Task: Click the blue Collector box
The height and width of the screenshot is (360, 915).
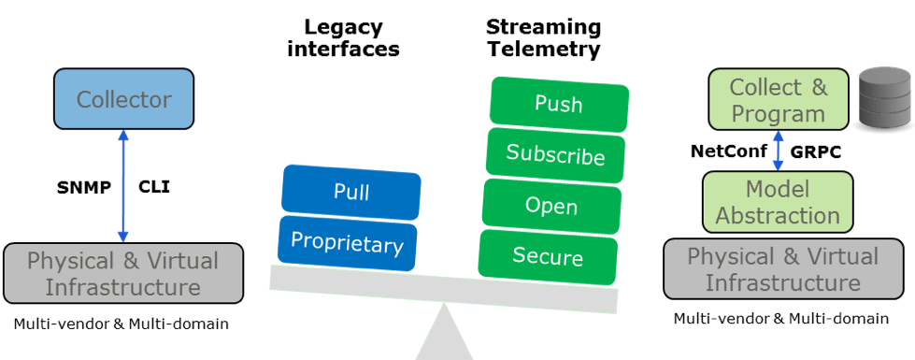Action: point(123,99)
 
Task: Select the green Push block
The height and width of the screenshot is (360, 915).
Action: point(559,103)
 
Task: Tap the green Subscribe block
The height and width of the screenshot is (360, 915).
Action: point(555,154)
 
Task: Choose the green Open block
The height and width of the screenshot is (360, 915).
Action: point(551,206)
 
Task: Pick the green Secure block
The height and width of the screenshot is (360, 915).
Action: point(548,256)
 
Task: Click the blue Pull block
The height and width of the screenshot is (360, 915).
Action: point(351,193)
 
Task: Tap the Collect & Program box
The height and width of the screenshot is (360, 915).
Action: point(778,101)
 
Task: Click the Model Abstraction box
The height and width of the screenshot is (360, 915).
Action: point(778,202)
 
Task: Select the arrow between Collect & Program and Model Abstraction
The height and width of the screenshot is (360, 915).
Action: point(778,151)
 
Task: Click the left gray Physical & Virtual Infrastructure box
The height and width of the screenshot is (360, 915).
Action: point(122,273)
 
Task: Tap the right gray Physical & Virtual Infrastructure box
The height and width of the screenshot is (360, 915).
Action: point(782,269)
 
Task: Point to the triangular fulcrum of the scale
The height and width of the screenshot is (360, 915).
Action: point(445,337)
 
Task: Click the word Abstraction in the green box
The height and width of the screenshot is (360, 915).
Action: point(778,216)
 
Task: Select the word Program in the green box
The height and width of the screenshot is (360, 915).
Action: point(778,114)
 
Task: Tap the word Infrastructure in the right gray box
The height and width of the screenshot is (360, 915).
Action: point(782,282)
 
